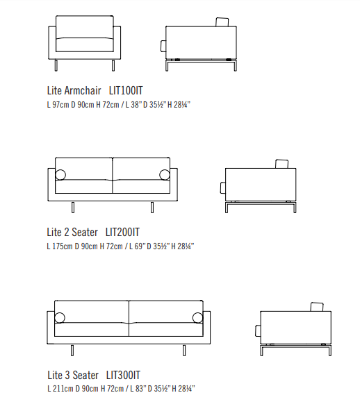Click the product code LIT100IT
pyautogui.click(x=126, y=91)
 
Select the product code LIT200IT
pyautogui.click(x=122, y=233)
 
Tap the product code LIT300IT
pyautogui.click(x=123, y=375)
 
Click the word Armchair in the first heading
pyautogui.click(x=83, y=91)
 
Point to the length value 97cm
pyautogui.click(x=60, y=105)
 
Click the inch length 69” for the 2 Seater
pyautogui.click(x=139, y=246)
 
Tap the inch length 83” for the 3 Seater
pyautogui.click(x=140, y=389)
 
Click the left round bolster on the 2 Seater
pyautogui.click(x=60, y=175)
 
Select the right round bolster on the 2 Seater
pyautogui.click(x=165, y=175)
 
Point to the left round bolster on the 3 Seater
pyautogui.click(x=60, y=318)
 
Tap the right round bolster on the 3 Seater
pyautogui.click(x=197, y=318)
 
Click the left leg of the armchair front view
pyautogui.click(x=56, y=65)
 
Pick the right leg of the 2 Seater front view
pyautogui.click(x=152, y=208)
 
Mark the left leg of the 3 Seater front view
pyautogui.click(x=72, y=351)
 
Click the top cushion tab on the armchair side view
pyautogui.click(x=222, y=22)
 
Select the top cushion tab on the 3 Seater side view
pyautogui.click(x=317, y=307)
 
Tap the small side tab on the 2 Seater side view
pyautogui.click(x=223, y=188)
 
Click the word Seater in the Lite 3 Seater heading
pyautogui.click(x=85, y=375)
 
